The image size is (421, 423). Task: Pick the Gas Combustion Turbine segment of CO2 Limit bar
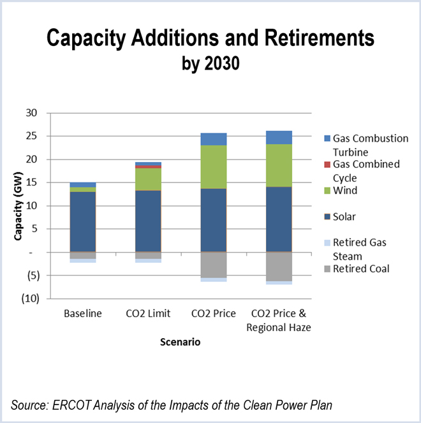coord(148,164)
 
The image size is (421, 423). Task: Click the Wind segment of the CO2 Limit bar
coord(148,179)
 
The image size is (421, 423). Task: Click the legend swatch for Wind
coord(327,190)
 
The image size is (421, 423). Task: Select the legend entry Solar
coord(344,217)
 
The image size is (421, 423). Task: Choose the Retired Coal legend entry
coord(360,269)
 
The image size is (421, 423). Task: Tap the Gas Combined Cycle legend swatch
coord(327,164)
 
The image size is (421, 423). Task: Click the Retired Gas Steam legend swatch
coord(327,242)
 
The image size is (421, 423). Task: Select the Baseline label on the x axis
coord(83,314)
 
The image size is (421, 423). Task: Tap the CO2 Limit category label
coord(148,314)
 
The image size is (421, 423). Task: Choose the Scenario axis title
coord(181,342)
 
